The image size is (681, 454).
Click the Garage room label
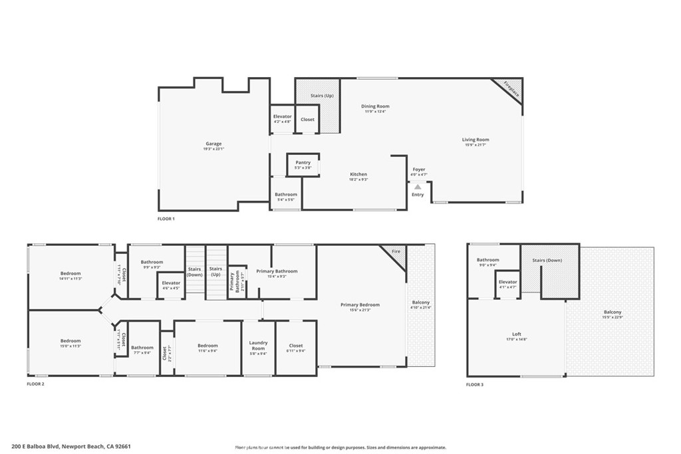pyautogui.click(x=213, y=144)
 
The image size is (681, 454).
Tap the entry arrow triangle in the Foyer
pyautogui.click(x=418, y=187)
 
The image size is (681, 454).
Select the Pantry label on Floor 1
pyautogui.click(x=303, y=162)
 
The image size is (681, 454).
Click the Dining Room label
pyautogui.click(x=375, y=106)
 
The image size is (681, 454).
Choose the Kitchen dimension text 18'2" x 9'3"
pyautogui.click(x=358, y=179)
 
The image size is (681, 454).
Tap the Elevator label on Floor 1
pyautogui.click(x=283, y=116)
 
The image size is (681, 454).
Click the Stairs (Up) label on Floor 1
pyautogui.click(x=322, y=96)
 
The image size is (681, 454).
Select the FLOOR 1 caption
pyautogui.click(x=166, y=219)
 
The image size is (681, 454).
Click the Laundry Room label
pyautogui.click(x=258, y=345)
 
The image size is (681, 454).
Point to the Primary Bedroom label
pyautogui.click(x=360, y=304)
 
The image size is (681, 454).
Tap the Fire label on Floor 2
pyautogui.click(x=396, y=252)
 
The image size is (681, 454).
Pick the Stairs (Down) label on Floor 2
pyautogui.click(x=195, y=271)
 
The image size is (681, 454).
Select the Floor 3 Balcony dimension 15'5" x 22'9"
pyautogui.click(x=613, y=318)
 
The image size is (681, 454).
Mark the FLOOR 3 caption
pyautogui.click(x=474, y=384)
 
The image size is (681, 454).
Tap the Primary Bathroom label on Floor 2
pyautogui.click(x=277, y=271)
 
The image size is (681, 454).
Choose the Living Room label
pyautogui.click(x=476, y=140)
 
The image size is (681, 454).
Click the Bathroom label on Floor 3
pyautogui.click(x=487, y=260)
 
